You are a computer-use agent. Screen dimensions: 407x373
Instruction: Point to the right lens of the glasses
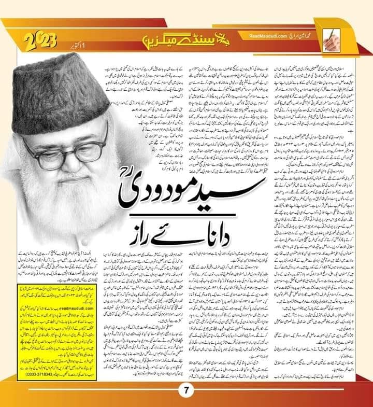(x=88, y=143)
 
